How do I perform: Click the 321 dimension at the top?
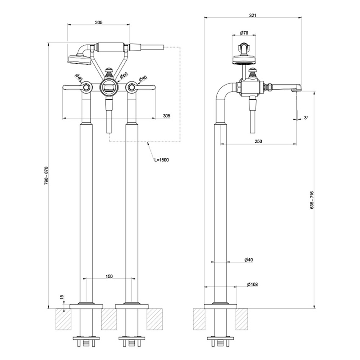tap(253, 15)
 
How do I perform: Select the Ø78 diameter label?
tap(244, 33)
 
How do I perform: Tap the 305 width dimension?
tap(166, 116)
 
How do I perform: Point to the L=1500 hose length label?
tap(161, 160)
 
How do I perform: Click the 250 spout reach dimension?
tap(259, 141)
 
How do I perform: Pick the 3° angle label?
tap(306, 118)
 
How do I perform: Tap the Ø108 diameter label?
tap(252, 285)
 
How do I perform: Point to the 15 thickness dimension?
tap(62, 299)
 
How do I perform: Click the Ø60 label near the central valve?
tap(123, 76)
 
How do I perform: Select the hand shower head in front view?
tap(79, 60)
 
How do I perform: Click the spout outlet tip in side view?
tap(299, 88)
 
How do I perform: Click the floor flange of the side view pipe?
tap(220, 306)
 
